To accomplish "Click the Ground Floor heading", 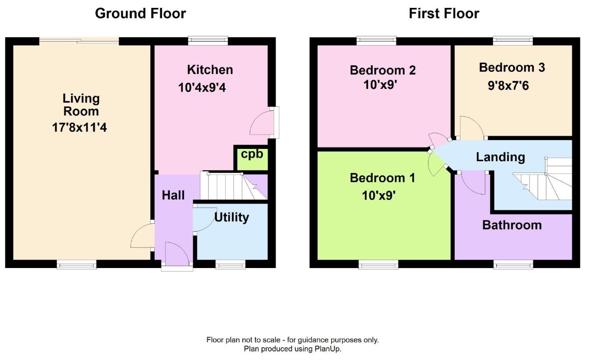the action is tap(140, 14).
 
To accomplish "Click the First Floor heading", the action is tap(444, 14).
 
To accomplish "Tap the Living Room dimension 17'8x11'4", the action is tap(79, 127).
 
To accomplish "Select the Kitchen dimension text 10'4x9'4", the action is tap(202, 88).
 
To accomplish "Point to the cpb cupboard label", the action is tap(252, 154).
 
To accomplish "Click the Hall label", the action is tap(173, 195).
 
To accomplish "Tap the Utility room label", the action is tap(232, 218).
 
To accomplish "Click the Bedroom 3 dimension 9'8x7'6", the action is tap(509, 86).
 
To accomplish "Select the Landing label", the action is tap(500, 158).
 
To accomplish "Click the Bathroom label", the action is tap(512, 225).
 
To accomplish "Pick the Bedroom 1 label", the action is tap(382, 178).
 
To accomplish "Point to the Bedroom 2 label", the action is tap(383, 70).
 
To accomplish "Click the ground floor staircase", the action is tap(234, 186).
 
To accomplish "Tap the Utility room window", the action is tap(230, 264).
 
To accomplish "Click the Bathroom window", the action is tap(513, 264).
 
